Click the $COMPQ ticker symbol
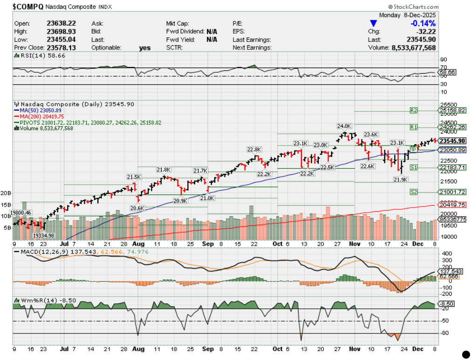click(x=28, y=7)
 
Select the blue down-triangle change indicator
click(x=373, y=23)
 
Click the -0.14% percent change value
click(x=423, y=23)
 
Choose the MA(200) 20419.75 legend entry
click(x=41, y=116)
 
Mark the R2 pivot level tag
click(x=413, y=111)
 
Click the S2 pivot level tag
click(x=414, y=192)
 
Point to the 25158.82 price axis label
click(x=452, y=111)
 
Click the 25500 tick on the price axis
click(x=448, y=105)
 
